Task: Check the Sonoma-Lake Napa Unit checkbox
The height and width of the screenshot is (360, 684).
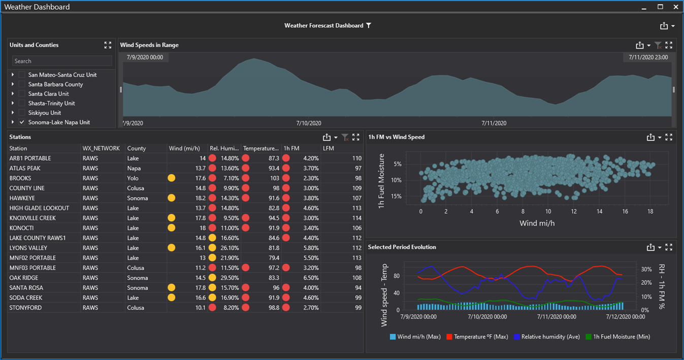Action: [22, 122]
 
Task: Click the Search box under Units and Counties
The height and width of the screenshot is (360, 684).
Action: [62, 61]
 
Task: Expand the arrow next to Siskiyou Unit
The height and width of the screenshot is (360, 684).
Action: [13, 113]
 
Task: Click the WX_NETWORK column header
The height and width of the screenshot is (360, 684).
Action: [101, 148]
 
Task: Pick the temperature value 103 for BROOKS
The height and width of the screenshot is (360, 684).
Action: [274, 178]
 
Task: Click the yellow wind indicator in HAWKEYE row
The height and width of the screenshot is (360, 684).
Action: [172, 198]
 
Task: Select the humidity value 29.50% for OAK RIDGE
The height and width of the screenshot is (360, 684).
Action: [230, 278]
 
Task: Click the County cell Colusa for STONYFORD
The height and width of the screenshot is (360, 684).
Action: [136, 308]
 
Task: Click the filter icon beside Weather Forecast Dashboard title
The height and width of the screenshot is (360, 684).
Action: [369, 25]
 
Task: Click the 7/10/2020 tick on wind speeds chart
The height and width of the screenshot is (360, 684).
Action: [309, 123]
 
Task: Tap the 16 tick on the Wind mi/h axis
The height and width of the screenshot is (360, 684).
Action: [625, 211]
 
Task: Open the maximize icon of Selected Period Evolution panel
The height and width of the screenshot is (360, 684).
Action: [669, 247]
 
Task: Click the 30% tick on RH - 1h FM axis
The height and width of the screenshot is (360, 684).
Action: [646, 270]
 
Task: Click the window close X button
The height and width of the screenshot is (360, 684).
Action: [675, 7]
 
